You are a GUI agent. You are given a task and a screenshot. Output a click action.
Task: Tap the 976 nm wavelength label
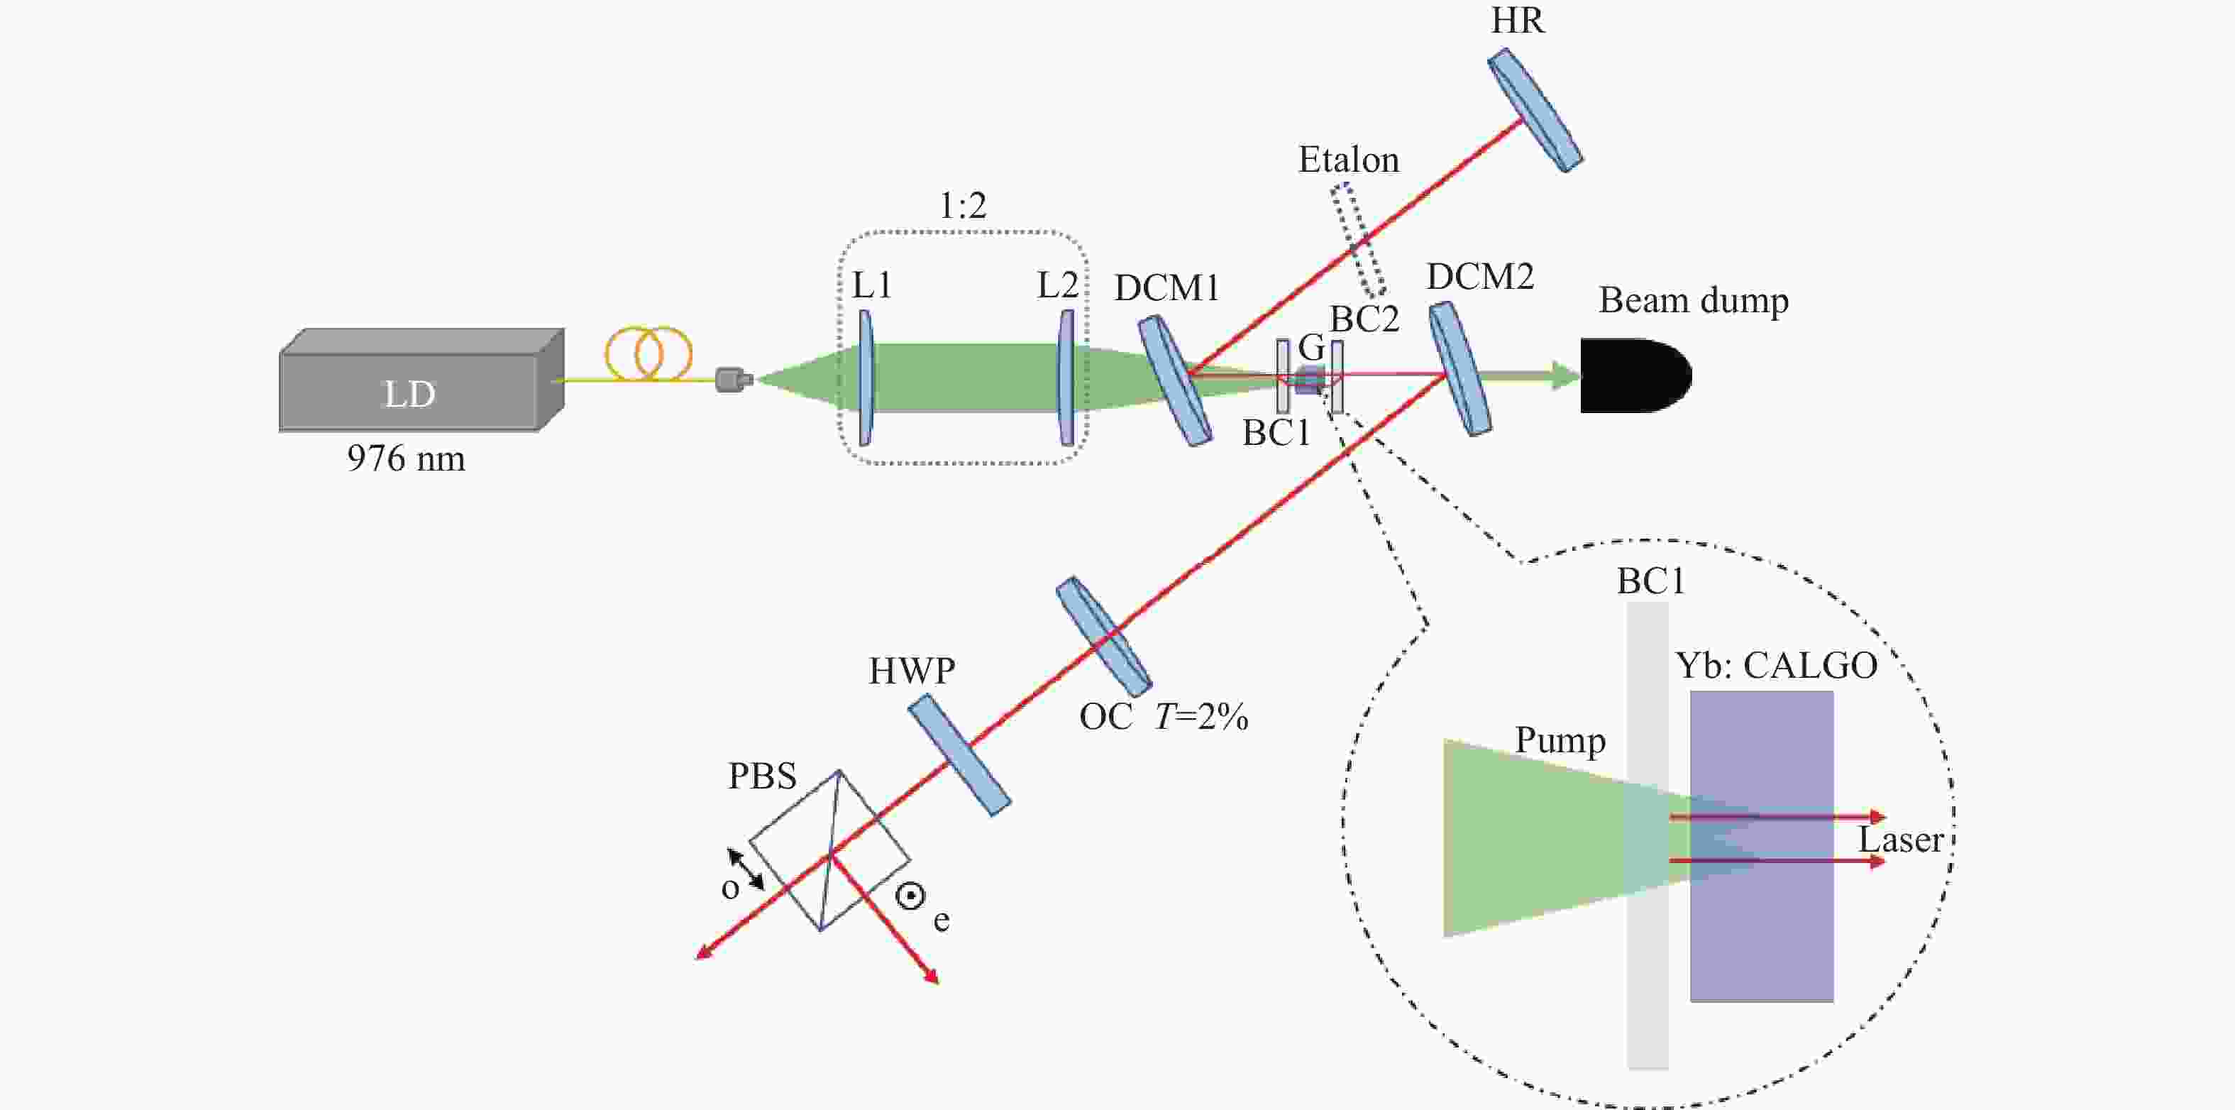pyautogui.click(x=406, y=458)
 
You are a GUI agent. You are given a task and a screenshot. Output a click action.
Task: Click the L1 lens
pyautogui.click(x=865, y=378)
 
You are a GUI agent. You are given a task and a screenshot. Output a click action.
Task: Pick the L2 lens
pyautogui.click(x=1066, y=378)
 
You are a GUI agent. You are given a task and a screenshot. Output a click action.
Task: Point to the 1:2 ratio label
pyautogui.click(x=963, y=206)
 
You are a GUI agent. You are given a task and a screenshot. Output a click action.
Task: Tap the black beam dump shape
pyautogui.click(x=1632, y=375)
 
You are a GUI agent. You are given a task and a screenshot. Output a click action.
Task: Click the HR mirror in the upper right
pyautogui.click(x=1535, y=109)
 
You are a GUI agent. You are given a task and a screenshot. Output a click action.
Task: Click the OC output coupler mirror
pyautogui.click(x=1103, y=635)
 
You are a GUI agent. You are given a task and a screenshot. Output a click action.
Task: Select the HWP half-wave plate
pyautogui.click(x=959, y=754)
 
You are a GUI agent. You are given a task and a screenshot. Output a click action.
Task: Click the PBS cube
pyautogui.click(x=829, y=850)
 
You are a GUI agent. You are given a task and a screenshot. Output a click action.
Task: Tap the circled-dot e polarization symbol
pyautogui.click(x=910, y=896)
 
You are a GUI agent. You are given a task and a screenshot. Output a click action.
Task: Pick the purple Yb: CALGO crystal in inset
pyautogui.click(x=1761, y=920)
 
